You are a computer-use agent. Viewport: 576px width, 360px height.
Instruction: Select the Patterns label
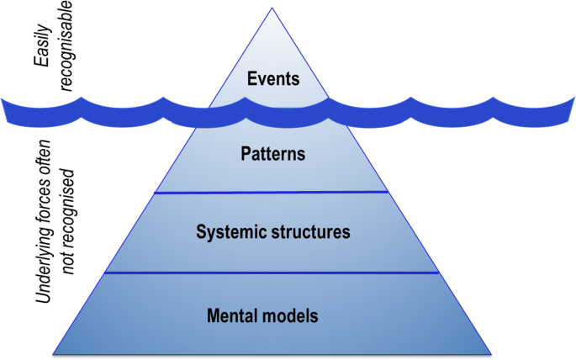point(272,155)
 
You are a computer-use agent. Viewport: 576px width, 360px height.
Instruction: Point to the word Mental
point(230,316)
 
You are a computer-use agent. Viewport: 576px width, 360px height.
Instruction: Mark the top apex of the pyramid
point(272,8)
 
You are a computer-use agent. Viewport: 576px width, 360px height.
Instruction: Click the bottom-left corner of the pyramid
point(52,352)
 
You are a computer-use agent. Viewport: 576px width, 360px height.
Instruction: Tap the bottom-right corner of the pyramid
point(491,352)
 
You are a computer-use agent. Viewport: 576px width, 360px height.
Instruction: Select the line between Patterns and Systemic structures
point(272,193)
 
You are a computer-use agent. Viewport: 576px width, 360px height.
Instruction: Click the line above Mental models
point(272,273)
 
